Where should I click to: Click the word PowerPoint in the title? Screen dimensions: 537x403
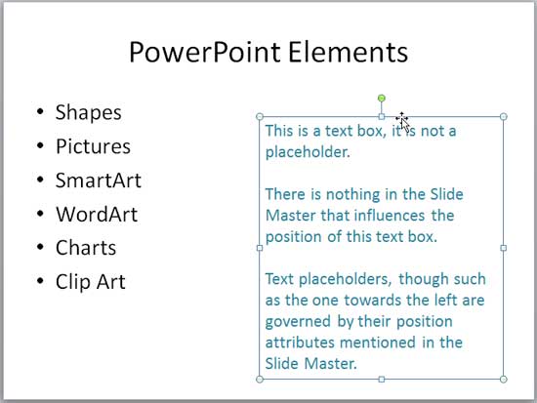click(205, 52)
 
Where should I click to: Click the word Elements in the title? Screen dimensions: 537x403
click(349, 52)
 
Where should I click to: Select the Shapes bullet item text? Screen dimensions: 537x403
click(88, 112)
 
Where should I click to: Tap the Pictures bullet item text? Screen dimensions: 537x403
click(93, 146)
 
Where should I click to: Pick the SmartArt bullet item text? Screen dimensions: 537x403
click(99, 181)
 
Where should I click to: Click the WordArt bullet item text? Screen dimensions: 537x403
click(97, 214)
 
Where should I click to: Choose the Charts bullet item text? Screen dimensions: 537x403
click(86, 248)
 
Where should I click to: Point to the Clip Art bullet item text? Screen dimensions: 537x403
click(91, 281)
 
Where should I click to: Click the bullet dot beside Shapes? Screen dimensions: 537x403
click(40, 111)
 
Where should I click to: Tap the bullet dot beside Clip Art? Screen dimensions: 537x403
click(40, 281)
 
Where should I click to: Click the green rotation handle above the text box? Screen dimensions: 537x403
click(382, 99)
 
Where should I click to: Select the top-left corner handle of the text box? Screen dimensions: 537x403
click(260, 117)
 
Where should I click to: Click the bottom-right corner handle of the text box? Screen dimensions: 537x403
click(504, 379)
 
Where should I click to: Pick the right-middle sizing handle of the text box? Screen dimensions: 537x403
click(504, 248)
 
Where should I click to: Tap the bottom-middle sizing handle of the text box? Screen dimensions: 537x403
click(382, 379)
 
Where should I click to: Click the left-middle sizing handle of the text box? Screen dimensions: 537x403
click(260, 248)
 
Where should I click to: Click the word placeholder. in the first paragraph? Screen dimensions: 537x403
click(308, 152)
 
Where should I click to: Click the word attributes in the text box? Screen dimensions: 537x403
click(300, 343)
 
